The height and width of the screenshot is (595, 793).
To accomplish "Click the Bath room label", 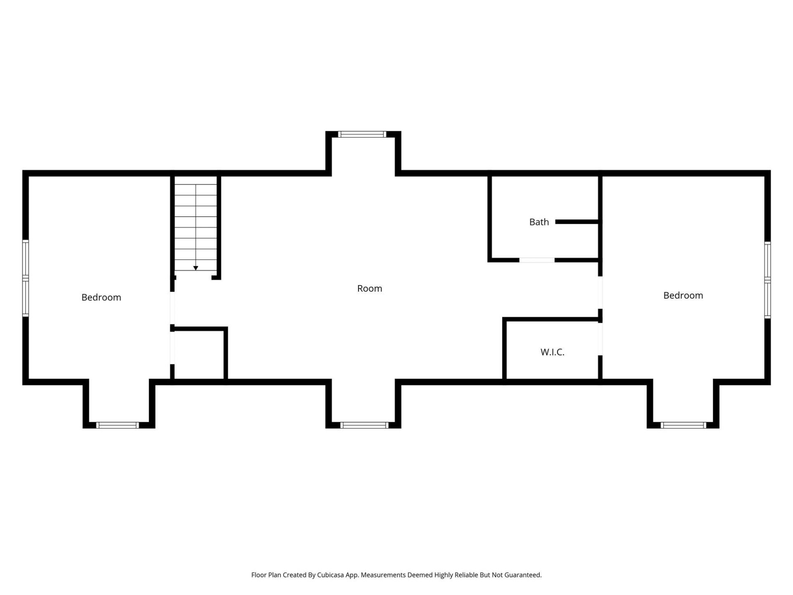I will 539,222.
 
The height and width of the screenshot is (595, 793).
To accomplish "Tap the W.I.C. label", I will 552,352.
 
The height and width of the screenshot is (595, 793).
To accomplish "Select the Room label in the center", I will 370,288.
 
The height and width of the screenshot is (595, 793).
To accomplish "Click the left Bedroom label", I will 101,297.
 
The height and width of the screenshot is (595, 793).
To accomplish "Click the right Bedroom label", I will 683,295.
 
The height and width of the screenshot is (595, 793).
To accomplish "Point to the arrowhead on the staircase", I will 196,268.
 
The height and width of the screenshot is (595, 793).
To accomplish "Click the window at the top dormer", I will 362,134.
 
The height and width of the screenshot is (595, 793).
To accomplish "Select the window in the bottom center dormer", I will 364,425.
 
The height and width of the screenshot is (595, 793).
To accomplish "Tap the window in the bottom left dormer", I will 118,425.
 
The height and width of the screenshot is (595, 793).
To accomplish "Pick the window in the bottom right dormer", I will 684,425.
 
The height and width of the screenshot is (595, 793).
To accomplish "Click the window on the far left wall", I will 26,278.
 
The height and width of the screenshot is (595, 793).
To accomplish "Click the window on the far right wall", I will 767,280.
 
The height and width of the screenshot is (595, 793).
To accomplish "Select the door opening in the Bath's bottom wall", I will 537,260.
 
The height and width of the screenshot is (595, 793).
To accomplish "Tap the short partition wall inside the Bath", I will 577,222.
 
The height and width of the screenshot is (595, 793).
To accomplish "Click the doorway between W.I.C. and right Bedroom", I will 600,339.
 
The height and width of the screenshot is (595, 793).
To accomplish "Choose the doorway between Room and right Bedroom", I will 600,293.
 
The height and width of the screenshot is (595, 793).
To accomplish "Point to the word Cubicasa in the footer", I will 330,575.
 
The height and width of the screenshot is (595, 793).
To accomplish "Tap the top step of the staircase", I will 196,180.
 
